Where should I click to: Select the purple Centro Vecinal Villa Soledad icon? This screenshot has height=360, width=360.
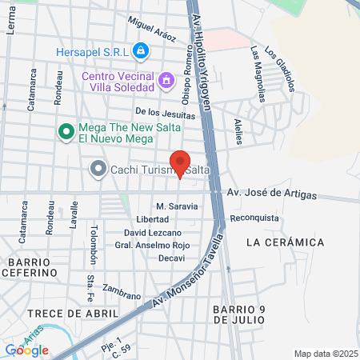[x=166, y=80]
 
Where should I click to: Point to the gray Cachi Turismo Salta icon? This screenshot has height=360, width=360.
[x=98, y=170]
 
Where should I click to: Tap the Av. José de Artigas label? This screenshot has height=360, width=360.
[x=271, y=194]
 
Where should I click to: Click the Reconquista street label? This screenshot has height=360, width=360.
[x=254, y=218]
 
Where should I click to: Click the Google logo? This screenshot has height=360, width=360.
[x=26, y=350]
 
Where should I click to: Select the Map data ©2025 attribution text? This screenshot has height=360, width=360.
[x=326, y=354]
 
